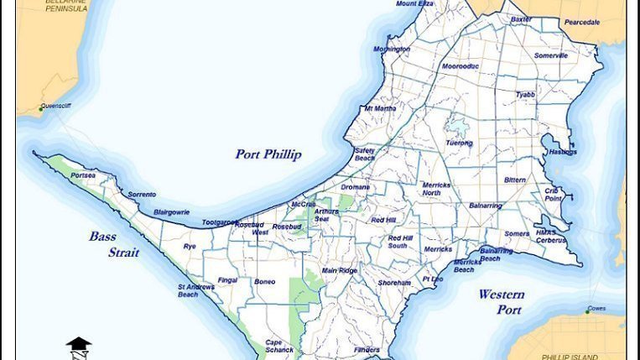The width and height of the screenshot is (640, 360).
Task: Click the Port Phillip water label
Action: click(x=268, y=154)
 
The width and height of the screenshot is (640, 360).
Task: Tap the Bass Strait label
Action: click(x=114, y=244)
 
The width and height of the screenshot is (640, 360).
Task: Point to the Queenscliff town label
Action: click(x=56, y=107)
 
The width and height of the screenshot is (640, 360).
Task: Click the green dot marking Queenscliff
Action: click(x=40, y=108)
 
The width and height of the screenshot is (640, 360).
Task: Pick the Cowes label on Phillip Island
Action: click(x=596, y=309)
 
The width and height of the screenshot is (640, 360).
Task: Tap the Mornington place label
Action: click(x=392, y=50)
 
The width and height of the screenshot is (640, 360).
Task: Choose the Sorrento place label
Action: click(x=142, y=195)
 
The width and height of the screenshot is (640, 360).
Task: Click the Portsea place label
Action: click(x=83, y=175)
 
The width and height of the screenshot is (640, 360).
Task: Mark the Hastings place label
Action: click(x=562, y=152)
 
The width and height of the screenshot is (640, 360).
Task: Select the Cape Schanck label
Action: click(x=279, y=346)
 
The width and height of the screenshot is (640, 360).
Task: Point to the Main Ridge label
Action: click(x=339, y=271)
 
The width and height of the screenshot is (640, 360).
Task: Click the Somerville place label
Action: click(x=551, y=55)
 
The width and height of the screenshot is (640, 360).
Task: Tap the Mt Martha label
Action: click(x=379, y=108)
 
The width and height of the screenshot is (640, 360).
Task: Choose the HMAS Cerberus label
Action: click(x=551, y=237)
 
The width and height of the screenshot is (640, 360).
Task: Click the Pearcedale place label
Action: click(x=581, y=23)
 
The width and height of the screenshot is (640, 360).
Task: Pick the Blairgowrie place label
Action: click(x=171, y=212)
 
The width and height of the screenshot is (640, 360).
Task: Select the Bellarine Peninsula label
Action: click(x=65, y=5)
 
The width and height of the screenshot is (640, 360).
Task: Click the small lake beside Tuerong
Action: click(x=457, y=128)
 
